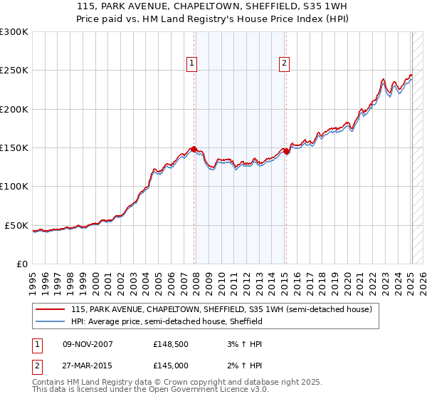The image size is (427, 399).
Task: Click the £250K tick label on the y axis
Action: (x=14, y=71)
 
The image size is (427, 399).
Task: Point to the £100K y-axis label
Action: (x=14, y=187)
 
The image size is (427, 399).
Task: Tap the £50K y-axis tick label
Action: (x=17, y=225)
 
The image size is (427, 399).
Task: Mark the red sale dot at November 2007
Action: (x=194, y=149)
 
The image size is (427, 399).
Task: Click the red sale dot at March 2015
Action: (x=285, y=151)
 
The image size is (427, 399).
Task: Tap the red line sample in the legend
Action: (x=50, y=309)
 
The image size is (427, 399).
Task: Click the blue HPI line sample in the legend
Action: (x=50, y=321)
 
